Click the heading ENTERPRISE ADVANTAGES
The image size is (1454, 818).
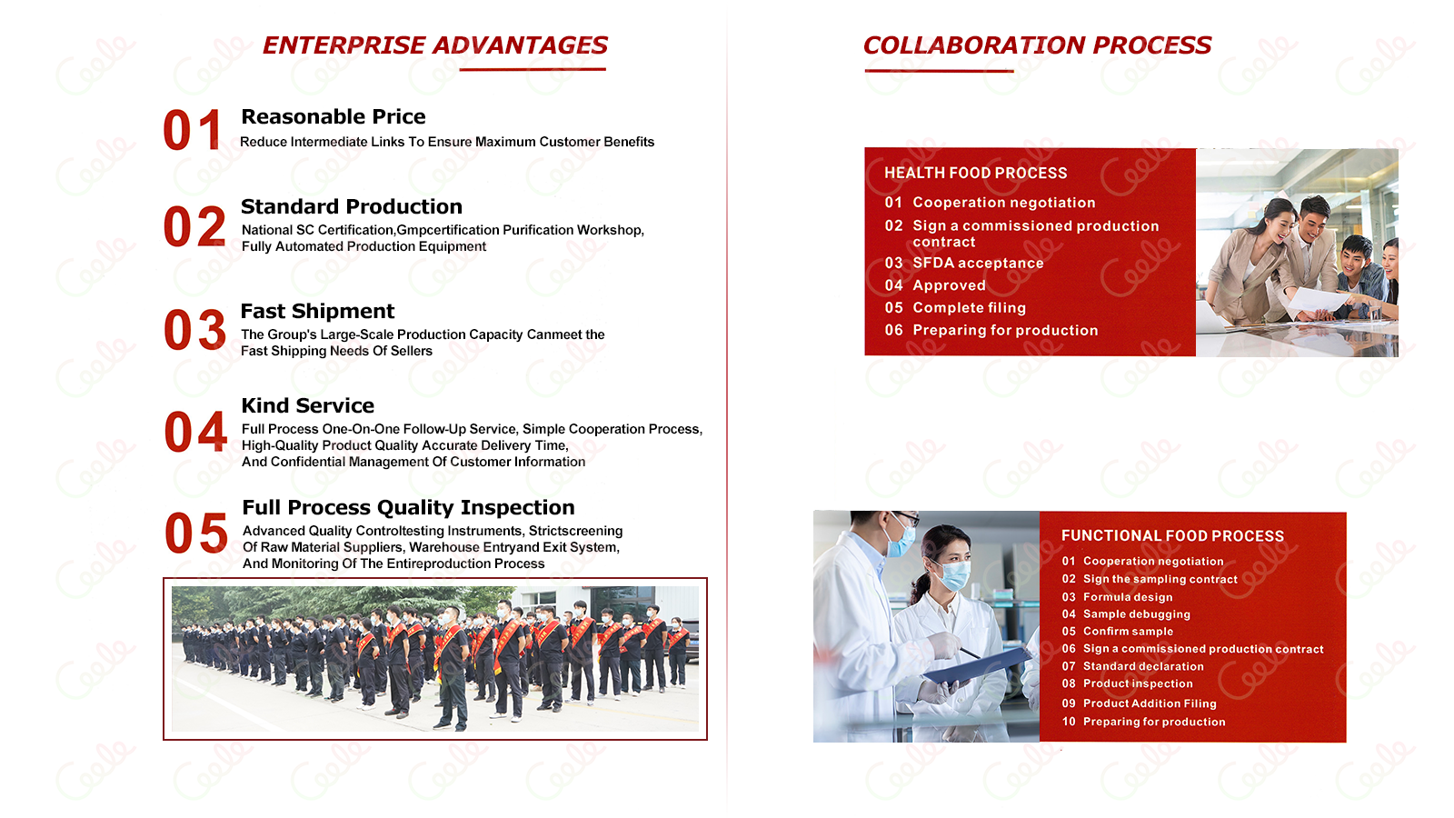(435, 45)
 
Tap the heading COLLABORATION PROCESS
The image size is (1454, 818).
(1037, 45)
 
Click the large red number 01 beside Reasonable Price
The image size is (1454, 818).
(193, 130)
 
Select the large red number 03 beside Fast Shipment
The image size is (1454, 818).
(194, 330)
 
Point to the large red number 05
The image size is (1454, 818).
(196, 533)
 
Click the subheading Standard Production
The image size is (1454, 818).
(351, 206)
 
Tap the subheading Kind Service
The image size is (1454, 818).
(308, 405)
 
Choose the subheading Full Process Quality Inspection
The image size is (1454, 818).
(408, 507)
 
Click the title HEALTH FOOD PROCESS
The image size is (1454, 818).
(976, 173)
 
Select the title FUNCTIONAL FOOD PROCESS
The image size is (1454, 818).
(1172, 535)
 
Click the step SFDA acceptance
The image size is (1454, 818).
(978, 263)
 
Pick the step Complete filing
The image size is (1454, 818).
(969, 308)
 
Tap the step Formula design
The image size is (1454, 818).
(1128, 597)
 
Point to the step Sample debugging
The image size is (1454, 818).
(1137, 614)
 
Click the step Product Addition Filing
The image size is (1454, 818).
(1150, 703)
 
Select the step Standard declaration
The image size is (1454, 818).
(1143, 666)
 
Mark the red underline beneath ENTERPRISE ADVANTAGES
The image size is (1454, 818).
(533, 69)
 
